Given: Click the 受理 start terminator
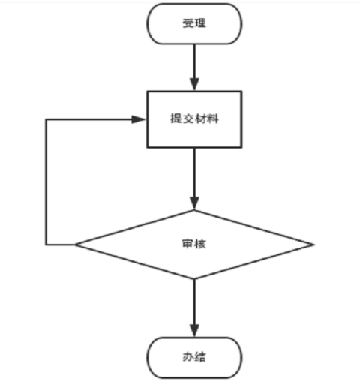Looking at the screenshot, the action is pyautogui.click(x=194, y=24).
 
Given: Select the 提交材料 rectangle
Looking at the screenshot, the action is pyautogui.click(x=194, y=119).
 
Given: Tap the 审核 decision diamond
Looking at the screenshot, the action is pyautogui.click(x=194, y=245).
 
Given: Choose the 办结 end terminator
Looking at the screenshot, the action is pyautogui.click(x=194, y=357).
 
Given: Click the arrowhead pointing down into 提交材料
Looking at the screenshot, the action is pyautogui.click(x=194, y=84).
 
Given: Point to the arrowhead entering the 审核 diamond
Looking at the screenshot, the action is pyautogui.click(x=194, y=203).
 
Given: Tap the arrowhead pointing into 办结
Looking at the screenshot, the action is pyautogui.click(x=194, y=331).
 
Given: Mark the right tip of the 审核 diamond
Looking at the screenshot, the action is pyautogui.click(x=314, y=245).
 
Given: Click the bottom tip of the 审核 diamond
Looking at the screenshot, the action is pyautogui.click(x=194, y=279).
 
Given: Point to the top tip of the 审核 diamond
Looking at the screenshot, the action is pyautogui.click(x=194, y=210).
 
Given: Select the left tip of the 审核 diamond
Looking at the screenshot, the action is pyautogui.click(x=75, y=245).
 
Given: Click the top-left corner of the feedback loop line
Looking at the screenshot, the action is pyautogui.click(x=46, y=119).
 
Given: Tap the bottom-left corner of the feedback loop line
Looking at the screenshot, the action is pyautogui.click(x=46, y=245).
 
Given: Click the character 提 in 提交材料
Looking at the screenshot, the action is pyautogui.click(x=176, y=119).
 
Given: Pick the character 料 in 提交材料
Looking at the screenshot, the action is pyautogui.click(x=213, y=119).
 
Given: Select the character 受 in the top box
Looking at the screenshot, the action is pyautogui.click(x=188, y=23).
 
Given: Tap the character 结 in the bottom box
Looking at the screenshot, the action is pyautogui.click(x=200, y=357).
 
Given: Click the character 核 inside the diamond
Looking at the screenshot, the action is pyautogui.click(x=200, y=244).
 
